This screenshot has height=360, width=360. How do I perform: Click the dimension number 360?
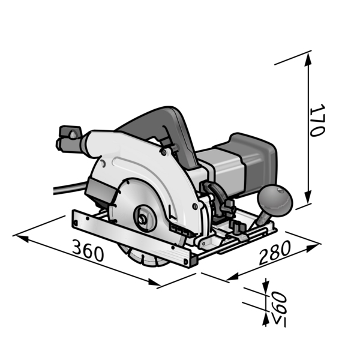(88, 250)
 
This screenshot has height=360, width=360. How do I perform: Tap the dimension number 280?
(275, 253)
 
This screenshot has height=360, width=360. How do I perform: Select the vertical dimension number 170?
(317, 121)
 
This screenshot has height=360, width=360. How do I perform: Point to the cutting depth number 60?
(280, 301)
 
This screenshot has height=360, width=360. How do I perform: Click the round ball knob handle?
(275, 200)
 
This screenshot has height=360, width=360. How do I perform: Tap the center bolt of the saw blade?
(142, 220)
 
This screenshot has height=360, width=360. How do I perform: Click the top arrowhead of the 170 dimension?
(308, 59)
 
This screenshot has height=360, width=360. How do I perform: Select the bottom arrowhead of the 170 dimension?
(308, 197)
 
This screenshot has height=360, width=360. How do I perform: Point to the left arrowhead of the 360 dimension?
(22, 238)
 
